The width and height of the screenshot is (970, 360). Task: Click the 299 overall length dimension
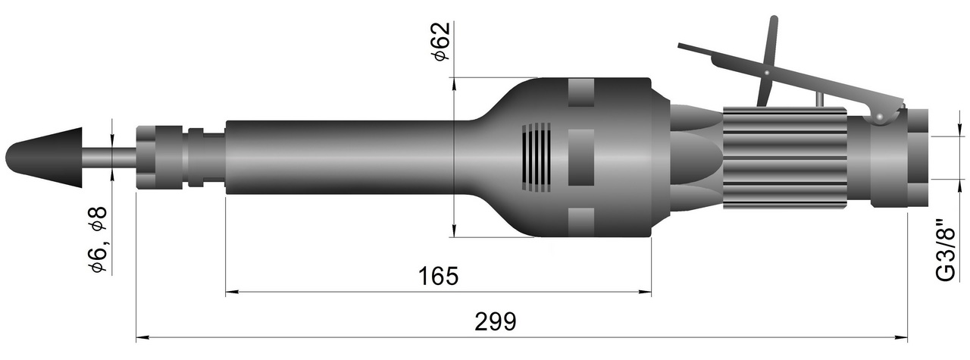point(496,321)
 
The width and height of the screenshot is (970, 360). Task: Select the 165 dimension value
point(438,277)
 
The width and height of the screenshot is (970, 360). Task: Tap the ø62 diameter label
point(441,42)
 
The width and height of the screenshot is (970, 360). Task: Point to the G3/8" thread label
point(945,251)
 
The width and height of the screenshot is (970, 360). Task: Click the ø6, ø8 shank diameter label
point(97,239)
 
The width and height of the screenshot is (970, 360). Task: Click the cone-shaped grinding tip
point(44,157)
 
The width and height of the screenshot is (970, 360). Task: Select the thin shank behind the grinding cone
point(109,157)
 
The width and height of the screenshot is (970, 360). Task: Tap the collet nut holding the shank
point(158,157)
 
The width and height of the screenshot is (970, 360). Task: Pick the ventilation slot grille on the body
point(536,157)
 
